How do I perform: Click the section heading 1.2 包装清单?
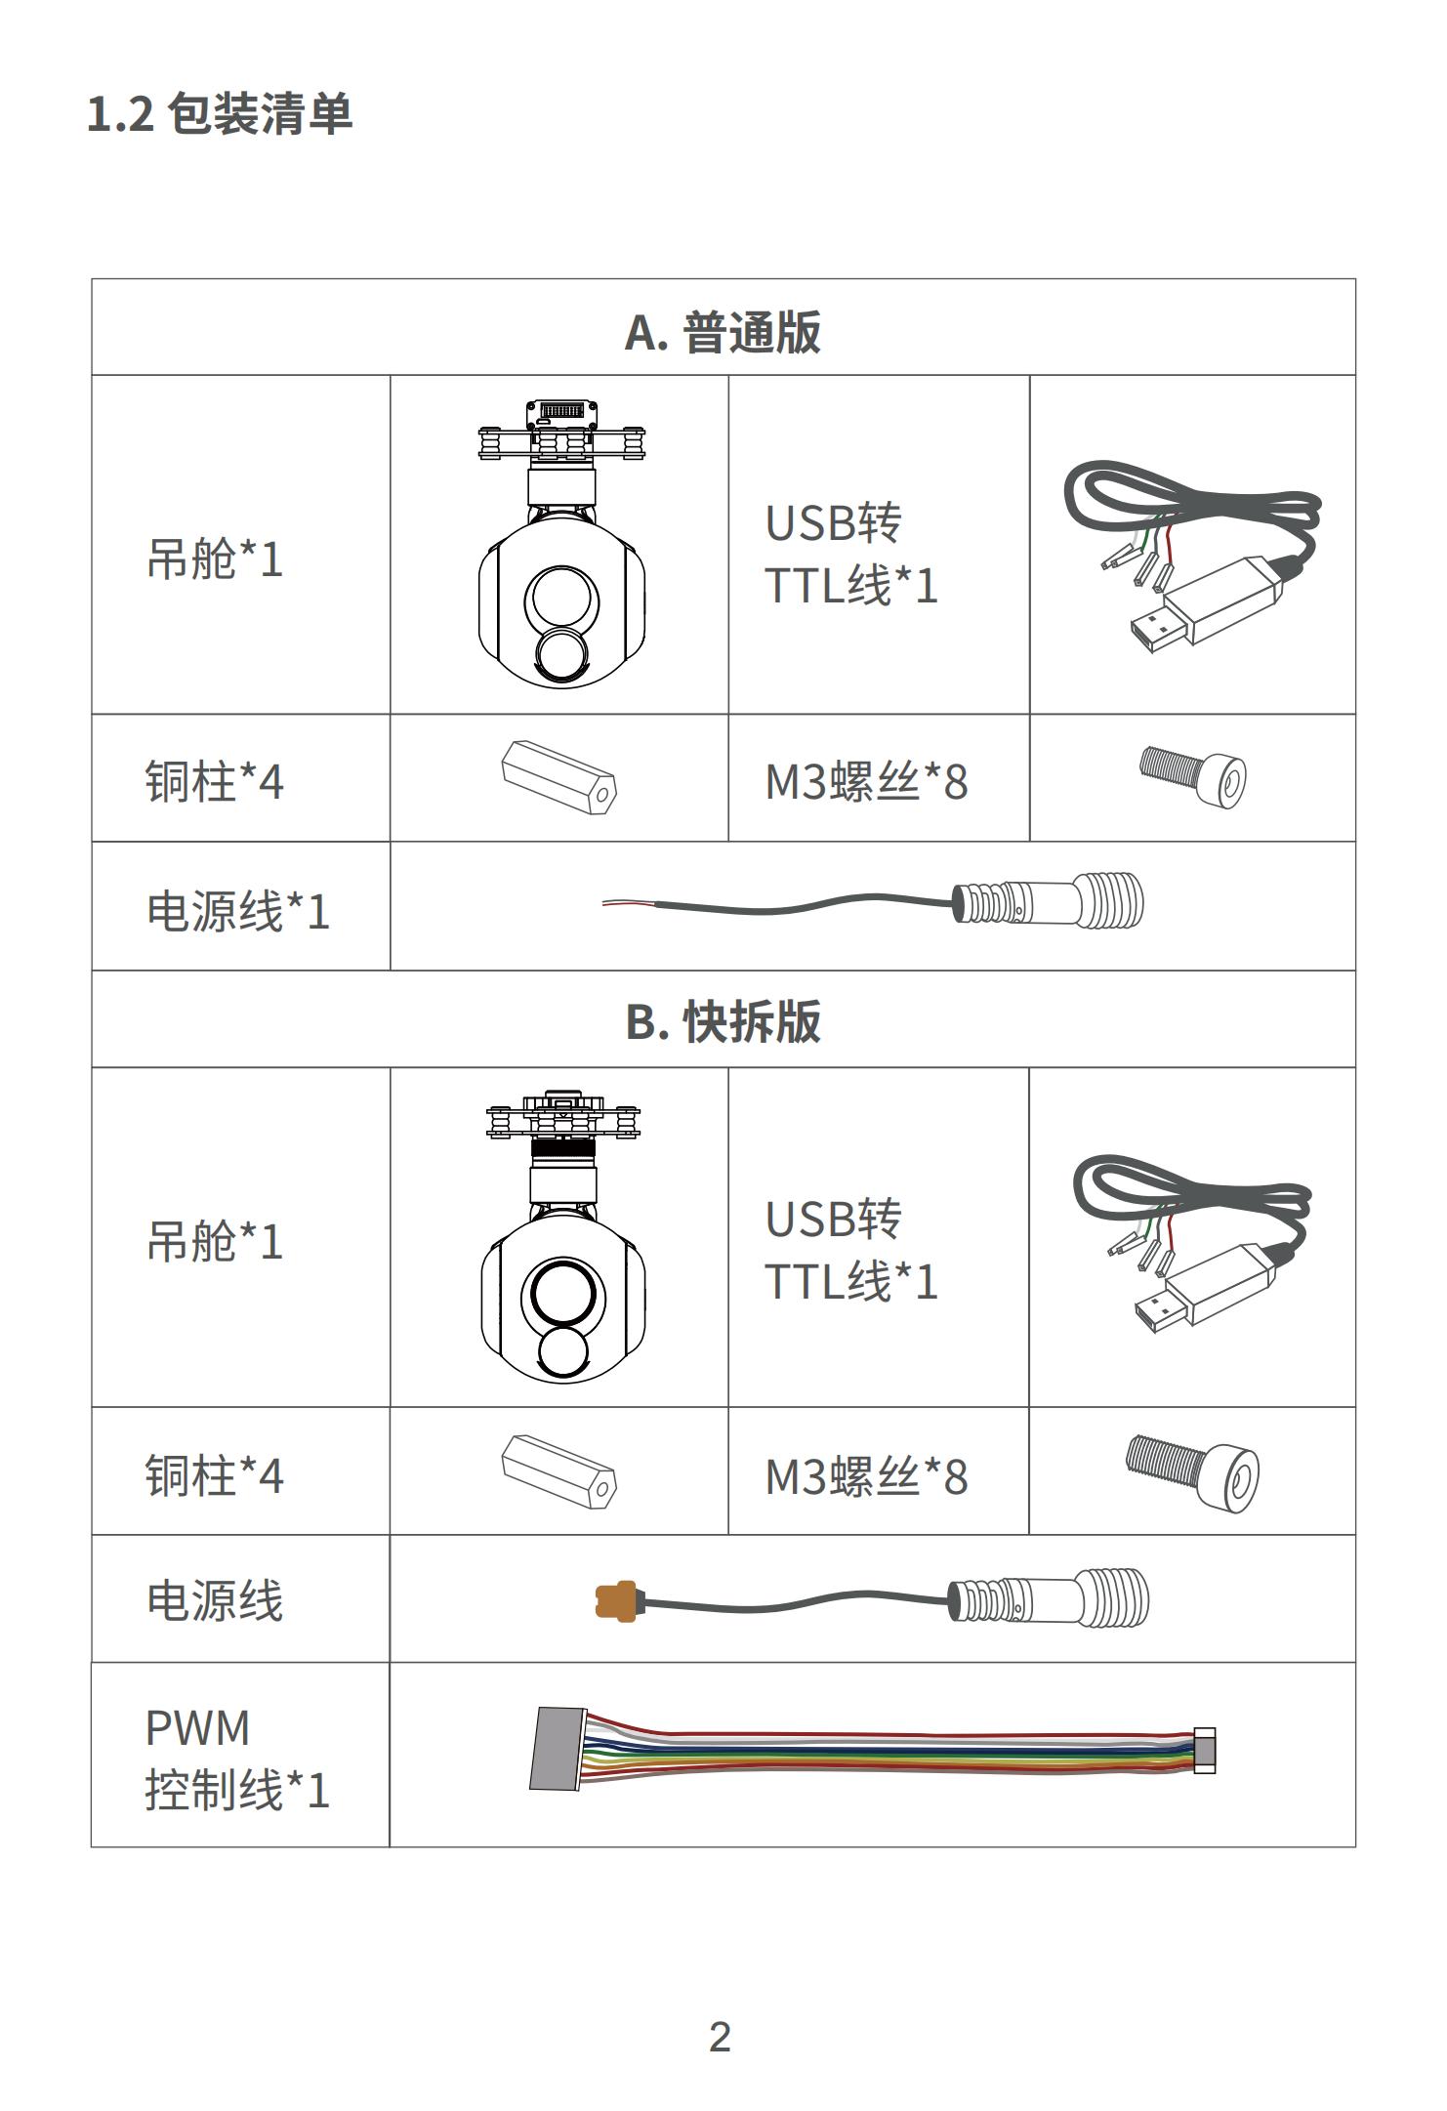coord(220,114)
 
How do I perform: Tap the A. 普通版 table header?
coord(723,332)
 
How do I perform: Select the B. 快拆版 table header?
coord(723,1021)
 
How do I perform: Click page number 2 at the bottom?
coord(720,2037)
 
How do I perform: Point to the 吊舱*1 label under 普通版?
coord(215,559)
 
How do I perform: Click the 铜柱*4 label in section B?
coord(215,1474)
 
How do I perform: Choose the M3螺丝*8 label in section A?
coord(866,781)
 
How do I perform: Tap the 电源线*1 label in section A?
coord(238,910)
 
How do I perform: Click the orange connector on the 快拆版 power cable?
coord(616,1600)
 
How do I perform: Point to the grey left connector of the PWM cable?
coord(558,1749)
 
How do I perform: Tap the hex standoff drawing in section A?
coord(559,777)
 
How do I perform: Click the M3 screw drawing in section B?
coord(1192,1472)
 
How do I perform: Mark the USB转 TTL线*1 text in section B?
coord(851,1251)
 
